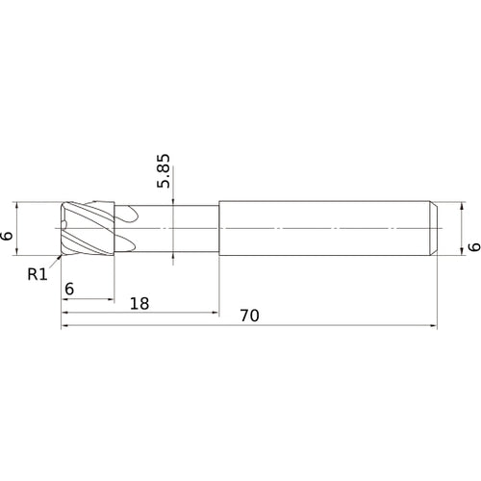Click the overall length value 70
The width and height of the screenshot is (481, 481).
point(248,316)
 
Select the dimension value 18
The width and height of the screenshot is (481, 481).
point(139,302)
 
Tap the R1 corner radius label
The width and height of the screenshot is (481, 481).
point(37,274)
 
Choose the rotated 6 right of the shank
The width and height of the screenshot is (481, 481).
point(471,247)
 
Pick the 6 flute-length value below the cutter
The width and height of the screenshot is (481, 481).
point(69,289)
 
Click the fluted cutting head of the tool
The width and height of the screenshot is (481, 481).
point(87,228)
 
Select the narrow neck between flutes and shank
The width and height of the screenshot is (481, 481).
point(173,228)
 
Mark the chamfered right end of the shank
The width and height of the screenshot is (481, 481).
point(433,228)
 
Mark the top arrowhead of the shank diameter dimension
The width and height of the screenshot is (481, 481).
point(443,202)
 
